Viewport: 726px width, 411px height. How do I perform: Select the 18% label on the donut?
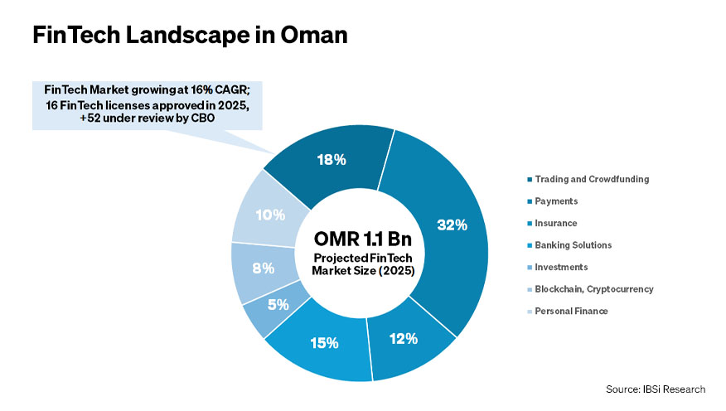(331, 160)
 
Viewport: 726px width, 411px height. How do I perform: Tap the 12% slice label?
(403, 338)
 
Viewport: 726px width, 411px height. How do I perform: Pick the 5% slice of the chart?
(278, 304)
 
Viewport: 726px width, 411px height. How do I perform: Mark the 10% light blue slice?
(270, 215)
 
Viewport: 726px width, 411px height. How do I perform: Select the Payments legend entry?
(556, 201)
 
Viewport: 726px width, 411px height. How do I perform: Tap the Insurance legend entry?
(556, 223)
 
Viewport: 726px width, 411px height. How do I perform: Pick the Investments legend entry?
(561, 267)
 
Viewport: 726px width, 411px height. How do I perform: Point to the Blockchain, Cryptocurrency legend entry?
(594, 289)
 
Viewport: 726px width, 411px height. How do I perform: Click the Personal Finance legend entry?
(571, 311)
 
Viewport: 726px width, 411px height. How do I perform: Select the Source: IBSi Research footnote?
(654, 389)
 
